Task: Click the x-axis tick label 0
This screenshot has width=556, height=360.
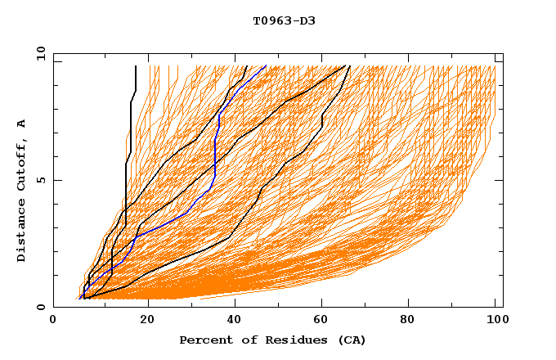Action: [x=53, y=321]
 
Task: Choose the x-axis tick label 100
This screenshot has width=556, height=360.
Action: [x=495, y=321]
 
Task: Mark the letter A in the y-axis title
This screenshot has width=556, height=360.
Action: [x=22, y=123]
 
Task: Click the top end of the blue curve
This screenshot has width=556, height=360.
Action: [x=266, y=66]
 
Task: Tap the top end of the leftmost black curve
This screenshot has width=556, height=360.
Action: [x=136, y=66]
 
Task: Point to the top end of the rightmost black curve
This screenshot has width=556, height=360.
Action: [x=350, y=66]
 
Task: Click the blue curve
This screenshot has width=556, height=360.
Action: [x=214, y=155]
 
